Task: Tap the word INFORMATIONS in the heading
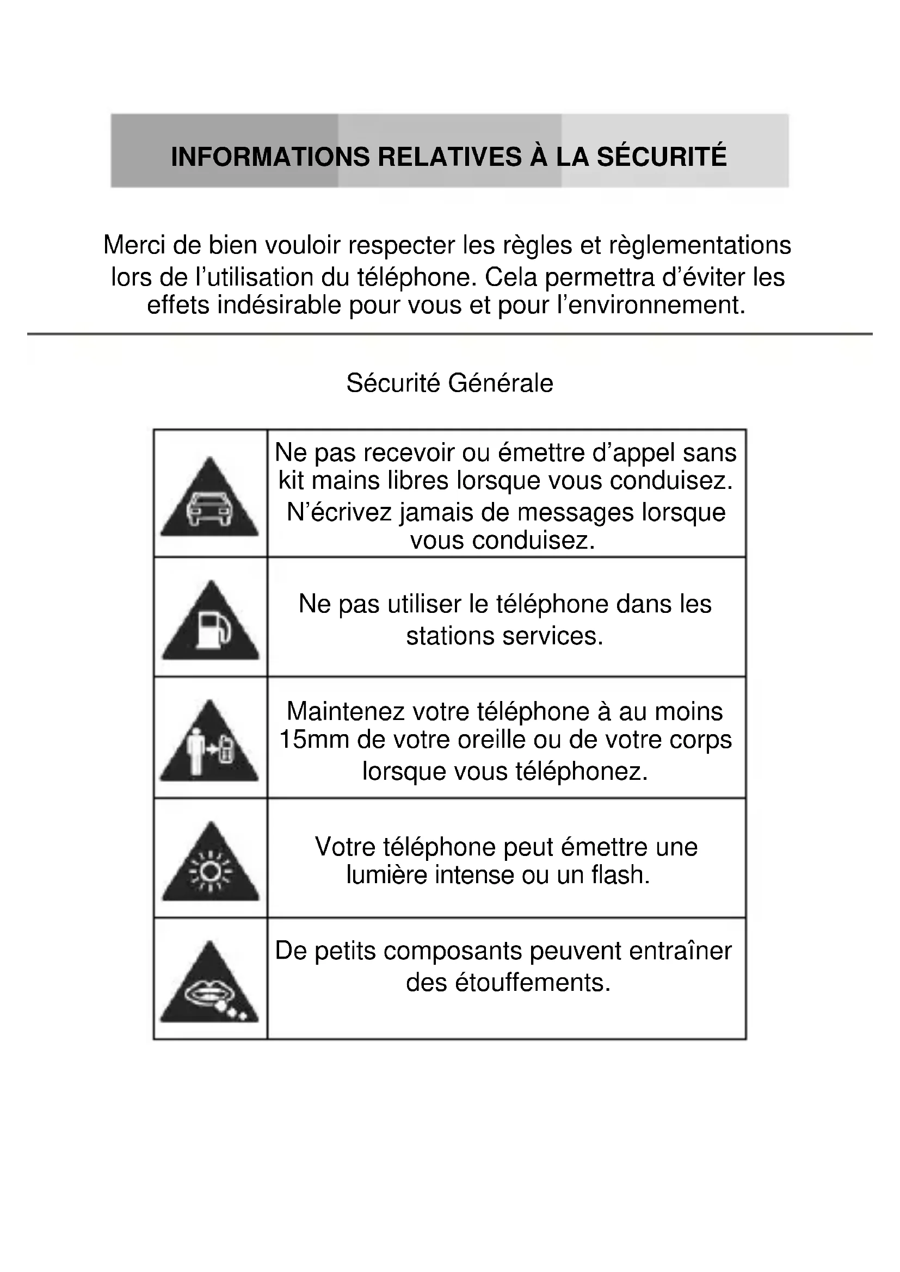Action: pyautogui.click(x=270, y=157)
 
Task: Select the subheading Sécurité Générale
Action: pyautogui.click(x=449, y=383)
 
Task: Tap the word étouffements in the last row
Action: pyautogui.click(x=532, y=982)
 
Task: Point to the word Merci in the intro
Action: pyautogui.click(x=134, y=245)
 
